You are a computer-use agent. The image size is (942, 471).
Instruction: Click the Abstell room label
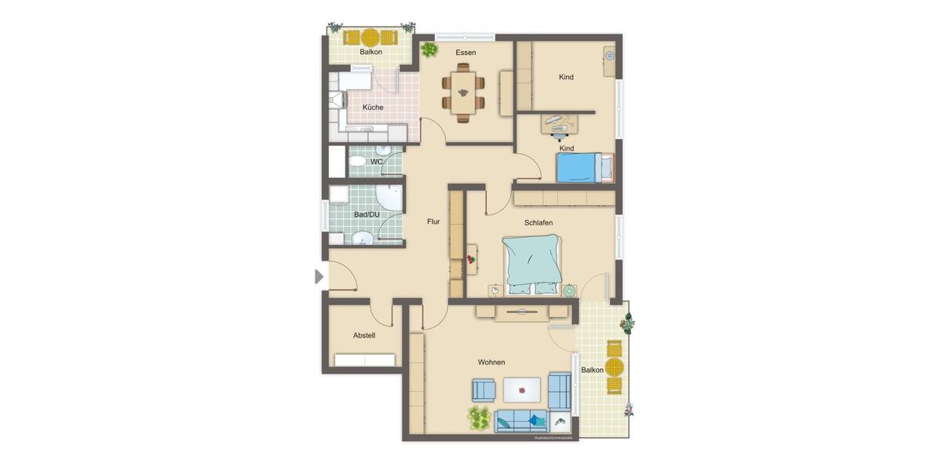tap(364, 335)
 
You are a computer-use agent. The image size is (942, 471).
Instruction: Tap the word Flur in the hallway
tap(433, 221)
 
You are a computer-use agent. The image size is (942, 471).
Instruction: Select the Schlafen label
tap(539, 222)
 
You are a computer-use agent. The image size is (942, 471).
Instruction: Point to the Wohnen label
tap(491, 362)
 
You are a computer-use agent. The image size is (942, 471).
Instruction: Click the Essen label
tap(466, 53)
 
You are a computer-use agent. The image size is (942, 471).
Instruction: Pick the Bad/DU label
tap(367, 214)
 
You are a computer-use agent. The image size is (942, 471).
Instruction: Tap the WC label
tap(377, 162)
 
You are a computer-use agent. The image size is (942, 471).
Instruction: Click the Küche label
tap(373, 108)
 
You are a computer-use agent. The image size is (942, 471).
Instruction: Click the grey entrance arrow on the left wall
tap(319, 276)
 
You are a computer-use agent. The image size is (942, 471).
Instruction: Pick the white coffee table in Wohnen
tap(521, 388)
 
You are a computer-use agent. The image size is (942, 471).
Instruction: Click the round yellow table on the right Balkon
tap(614, 367)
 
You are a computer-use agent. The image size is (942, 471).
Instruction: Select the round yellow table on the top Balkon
tap(370, 37)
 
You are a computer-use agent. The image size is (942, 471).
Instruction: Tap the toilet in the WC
tap(356, 162)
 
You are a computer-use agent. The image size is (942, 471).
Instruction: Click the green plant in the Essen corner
tap(429, 50)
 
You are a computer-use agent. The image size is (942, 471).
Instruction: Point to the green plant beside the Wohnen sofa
tap(479, 418)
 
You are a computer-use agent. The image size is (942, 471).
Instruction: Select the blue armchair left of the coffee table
tap(484, 389)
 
